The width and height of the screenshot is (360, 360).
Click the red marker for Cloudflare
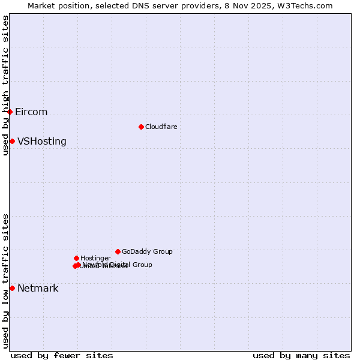141,127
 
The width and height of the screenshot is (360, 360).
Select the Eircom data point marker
10,112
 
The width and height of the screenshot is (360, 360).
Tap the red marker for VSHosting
12,141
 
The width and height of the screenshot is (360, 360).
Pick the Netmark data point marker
12,288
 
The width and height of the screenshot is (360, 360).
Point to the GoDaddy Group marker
118,251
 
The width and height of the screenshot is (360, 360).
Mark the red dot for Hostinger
76,258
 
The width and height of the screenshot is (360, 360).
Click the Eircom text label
31,112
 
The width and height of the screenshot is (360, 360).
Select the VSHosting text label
42,142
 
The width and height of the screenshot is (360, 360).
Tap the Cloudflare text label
161,127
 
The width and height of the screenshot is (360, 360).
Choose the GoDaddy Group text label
147,251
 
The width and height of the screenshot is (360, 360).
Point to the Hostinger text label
96,258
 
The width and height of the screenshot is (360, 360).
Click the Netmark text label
38,289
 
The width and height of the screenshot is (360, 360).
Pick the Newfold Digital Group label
118,265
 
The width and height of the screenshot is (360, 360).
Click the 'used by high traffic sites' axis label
5,85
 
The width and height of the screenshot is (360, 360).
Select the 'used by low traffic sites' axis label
5,281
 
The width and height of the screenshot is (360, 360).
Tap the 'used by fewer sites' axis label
62,355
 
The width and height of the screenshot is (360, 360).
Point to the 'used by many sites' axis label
301,355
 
